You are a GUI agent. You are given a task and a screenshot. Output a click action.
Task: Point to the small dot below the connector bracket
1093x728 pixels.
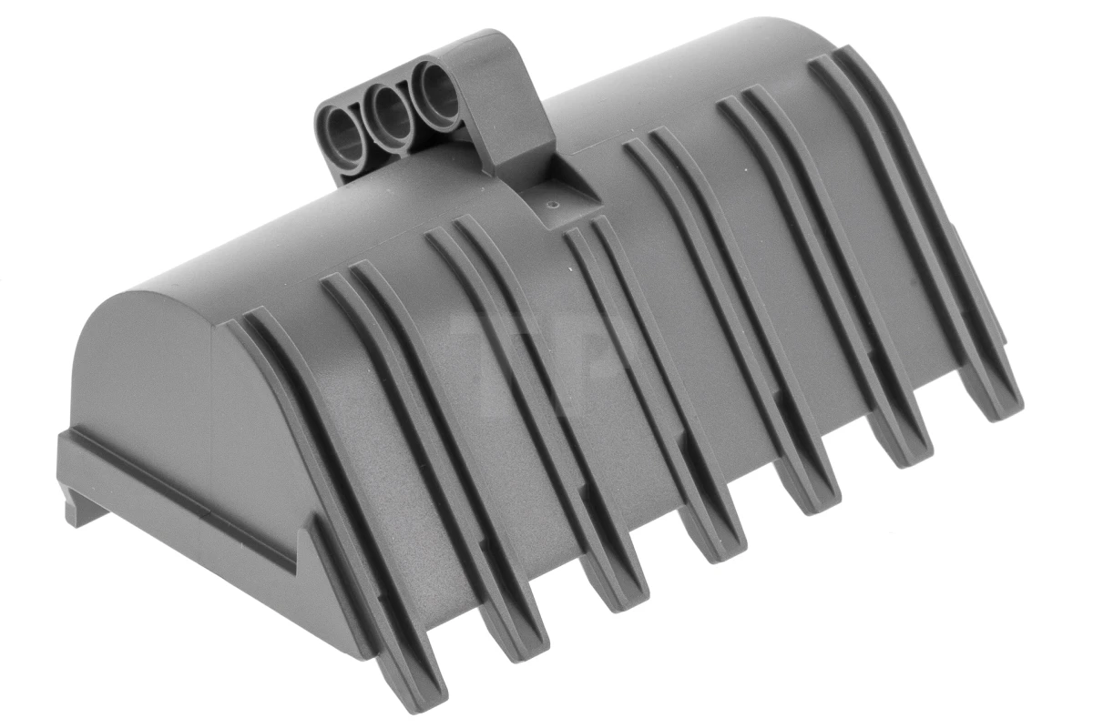point(554,206)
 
